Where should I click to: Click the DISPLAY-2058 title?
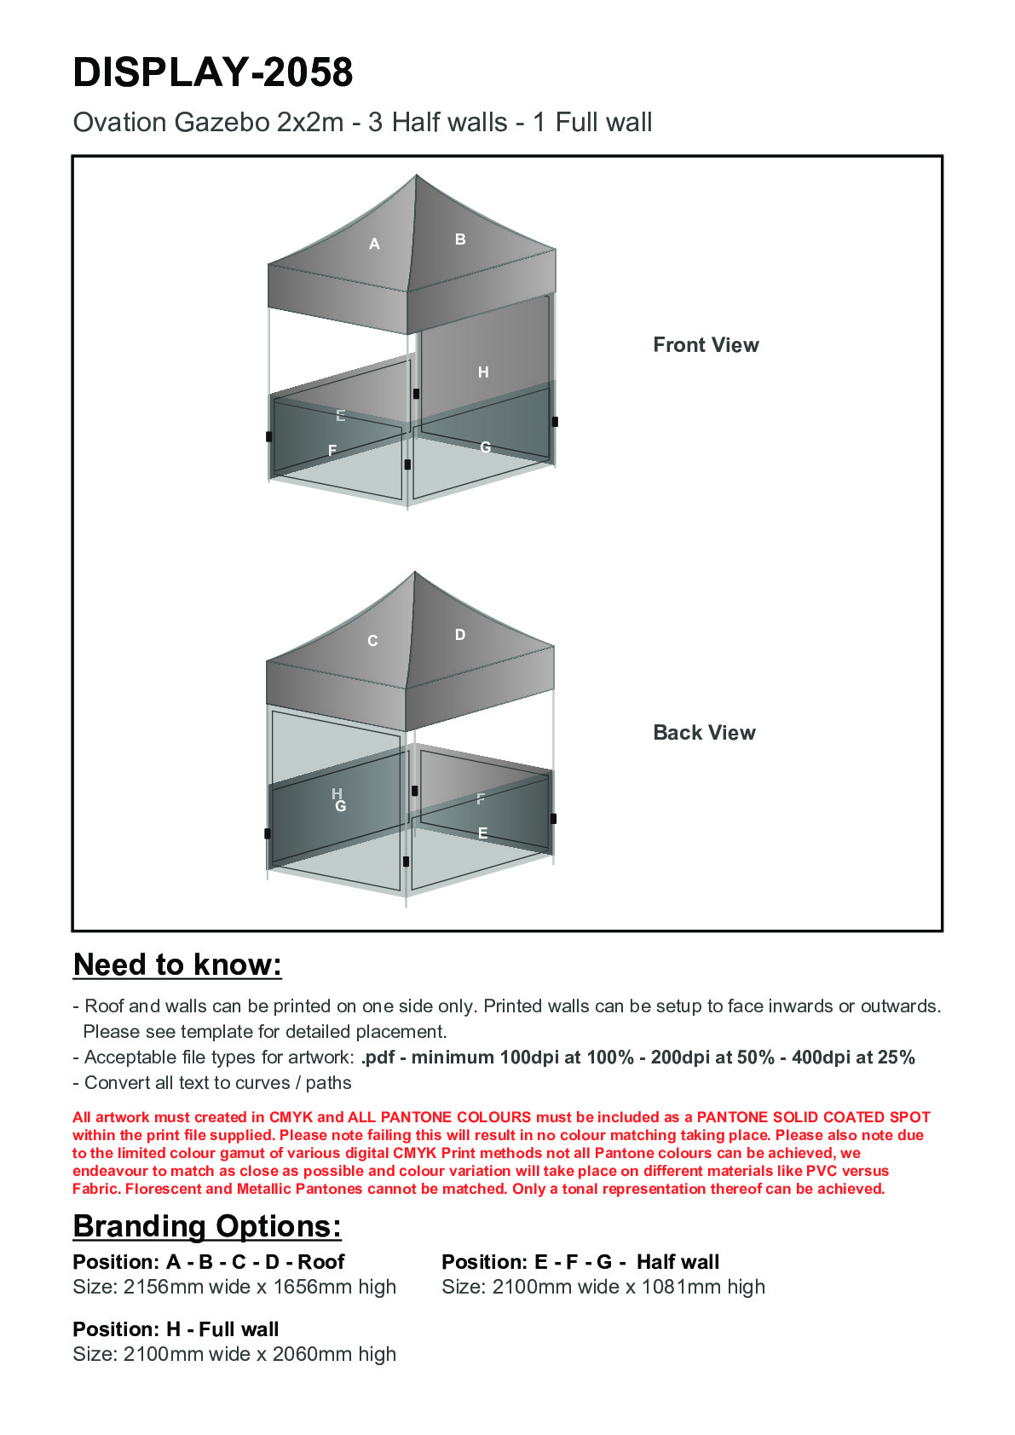click(213, 72)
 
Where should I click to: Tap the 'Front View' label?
click(706, 345)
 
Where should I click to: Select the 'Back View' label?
click(704, 733)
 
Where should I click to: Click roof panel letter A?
click(374, 245)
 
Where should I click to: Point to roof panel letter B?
click(460, 239)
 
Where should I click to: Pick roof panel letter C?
click(372, 641)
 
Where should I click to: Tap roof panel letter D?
click(460, 635)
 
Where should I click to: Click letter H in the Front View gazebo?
click(483, 372)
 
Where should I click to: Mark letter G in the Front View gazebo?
click(485, 447)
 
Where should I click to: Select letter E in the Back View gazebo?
click(482, 833)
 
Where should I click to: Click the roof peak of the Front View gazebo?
click(416, 176)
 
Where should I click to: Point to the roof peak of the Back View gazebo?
click(415, 573)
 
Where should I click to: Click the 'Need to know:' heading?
click(177, 965)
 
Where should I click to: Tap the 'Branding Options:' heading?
click(207, 1226)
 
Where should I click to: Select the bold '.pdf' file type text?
click(378, 1058)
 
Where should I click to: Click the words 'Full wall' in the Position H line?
click(239, 1329)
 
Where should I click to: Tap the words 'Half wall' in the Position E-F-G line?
click(678, 1262)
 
